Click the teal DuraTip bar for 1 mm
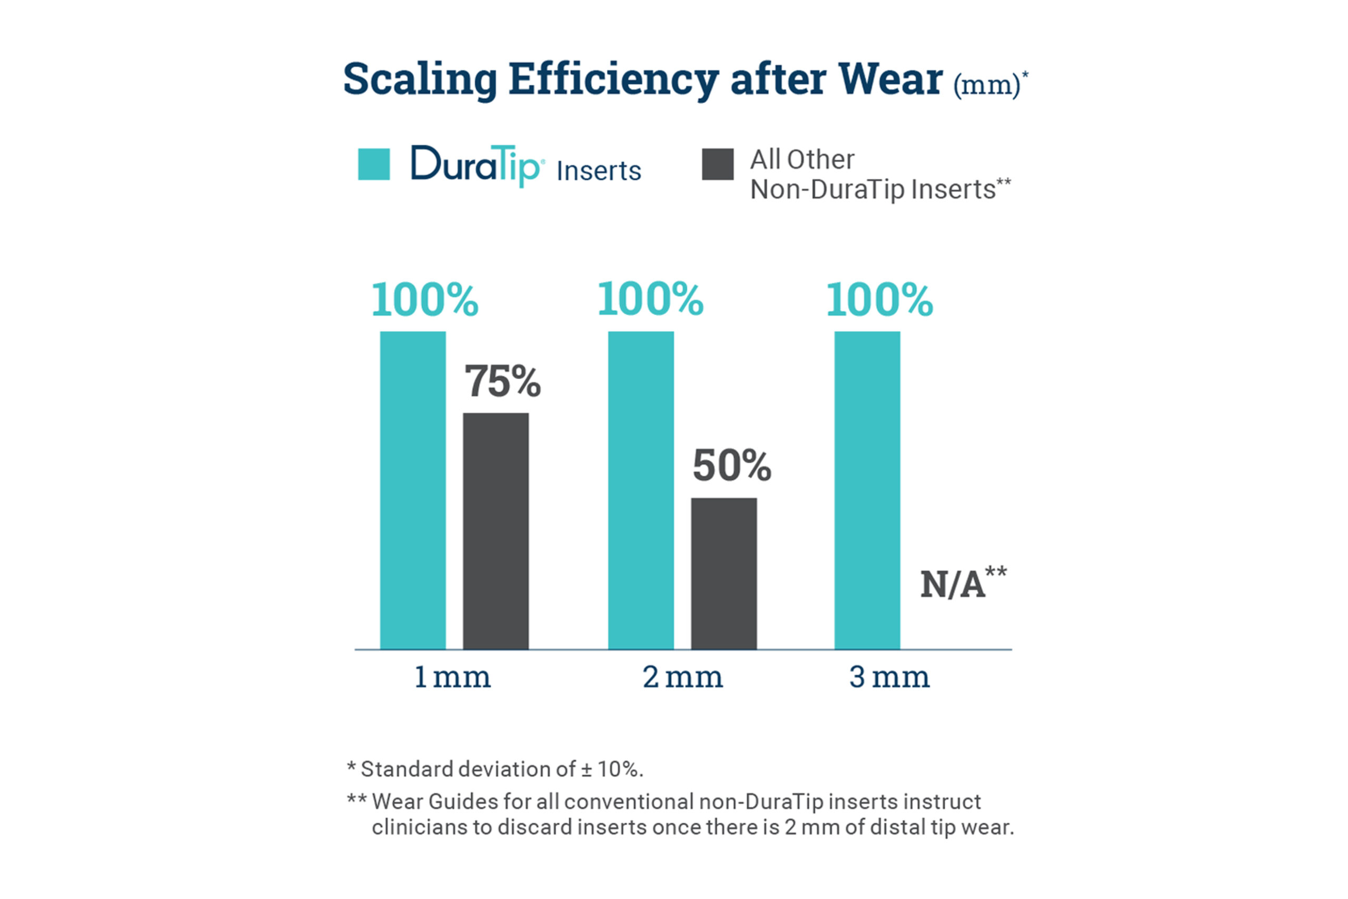coord(413,490)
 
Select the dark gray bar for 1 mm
coord(495,531)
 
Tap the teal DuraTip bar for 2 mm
coord(641,490)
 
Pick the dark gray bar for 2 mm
coord(724,574)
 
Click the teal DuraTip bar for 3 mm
coord(867,490)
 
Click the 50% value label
coord(732,466)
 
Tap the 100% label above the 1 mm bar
coord(425,300)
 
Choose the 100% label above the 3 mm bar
coord(880,300)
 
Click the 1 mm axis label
coord(452,678)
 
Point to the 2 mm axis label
coord(682,678)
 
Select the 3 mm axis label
coord(889,678)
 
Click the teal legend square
coord(374,164)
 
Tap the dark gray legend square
coord(718,164)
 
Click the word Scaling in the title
coord(420,80)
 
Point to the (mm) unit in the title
coord(987,85)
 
